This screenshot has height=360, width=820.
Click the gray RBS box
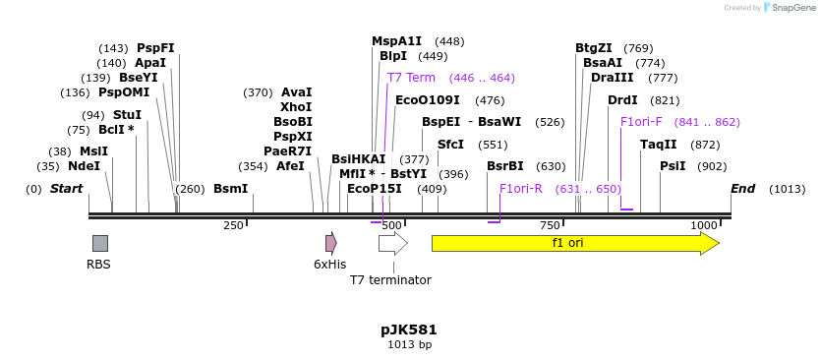[x=100, y=243]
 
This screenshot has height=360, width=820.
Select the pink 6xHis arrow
[x=331, y=243]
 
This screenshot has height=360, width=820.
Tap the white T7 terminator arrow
[x=392, y=243]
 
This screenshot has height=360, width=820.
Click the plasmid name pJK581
[x=409, y=330]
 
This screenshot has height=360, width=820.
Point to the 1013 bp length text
[x=409, y=345]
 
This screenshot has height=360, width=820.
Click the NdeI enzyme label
[x=85, y=166]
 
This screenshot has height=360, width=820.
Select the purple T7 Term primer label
[x=411, y=78]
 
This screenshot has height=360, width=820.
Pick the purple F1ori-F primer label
[x=641, y=122]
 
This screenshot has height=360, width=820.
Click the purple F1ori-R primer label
[x=521, y=189]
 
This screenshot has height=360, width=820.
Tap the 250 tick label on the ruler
[x=233, y=226]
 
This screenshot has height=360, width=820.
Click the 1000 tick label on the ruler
[x=704, y=226]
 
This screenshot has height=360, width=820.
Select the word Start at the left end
[x=66, y=189]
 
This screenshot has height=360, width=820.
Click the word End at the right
[x=742, y=189]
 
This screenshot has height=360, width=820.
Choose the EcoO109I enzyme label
[x=428, y=100]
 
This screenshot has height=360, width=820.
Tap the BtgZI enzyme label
[x=594, y=48]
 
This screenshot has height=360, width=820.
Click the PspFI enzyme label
[x=155, y=48]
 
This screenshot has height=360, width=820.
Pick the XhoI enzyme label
[x=296, y=107]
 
